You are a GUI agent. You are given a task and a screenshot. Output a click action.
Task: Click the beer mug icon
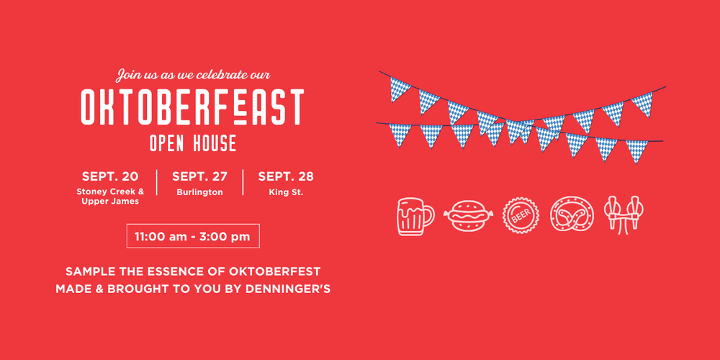(415, 216)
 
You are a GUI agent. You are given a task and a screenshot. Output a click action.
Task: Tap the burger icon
(468, 216)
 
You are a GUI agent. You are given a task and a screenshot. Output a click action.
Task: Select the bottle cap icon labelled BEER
(521, 216)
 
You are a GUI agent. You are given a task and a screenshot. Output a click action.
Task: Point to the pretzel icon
(572, 215)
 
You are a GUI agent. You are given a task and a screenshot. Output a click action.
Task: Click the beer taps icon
(624, 215)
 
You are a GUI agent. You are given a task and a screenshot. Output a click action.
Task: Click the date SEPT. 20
(110, 176)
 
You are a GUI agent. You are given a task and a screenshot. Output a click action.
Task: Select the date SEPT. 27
(199, 176)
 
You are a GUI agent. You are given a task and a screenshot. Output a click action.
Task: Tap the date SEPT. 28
(286, 176)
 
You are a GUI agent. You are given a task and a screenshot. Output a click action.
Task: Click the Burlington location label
(199, 192)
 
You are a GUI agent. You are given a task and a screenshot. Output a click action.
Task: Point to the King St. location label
(286, 192)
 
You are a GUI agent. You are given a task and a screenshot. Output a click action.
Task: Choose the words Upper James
(110, 202)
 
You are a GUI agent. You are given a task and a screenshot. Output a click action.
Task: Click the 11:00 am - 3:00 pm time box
(193, 236)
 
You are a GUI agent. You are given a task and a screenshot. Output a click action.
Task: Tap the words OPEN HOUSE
(193, 143)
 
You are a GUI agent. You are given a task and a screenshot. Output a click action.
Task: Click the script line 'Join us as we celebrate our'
(193, 74)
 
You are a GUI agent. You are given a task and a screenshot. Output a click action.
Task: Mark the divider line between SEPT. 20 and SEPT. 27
(157, 182)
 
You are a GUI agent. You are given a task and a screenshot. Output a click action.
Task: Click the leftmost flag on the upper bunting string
(400, 89)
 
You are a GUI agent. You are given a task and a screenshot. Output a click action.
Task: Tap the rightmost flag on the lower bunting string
(637, 151)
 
